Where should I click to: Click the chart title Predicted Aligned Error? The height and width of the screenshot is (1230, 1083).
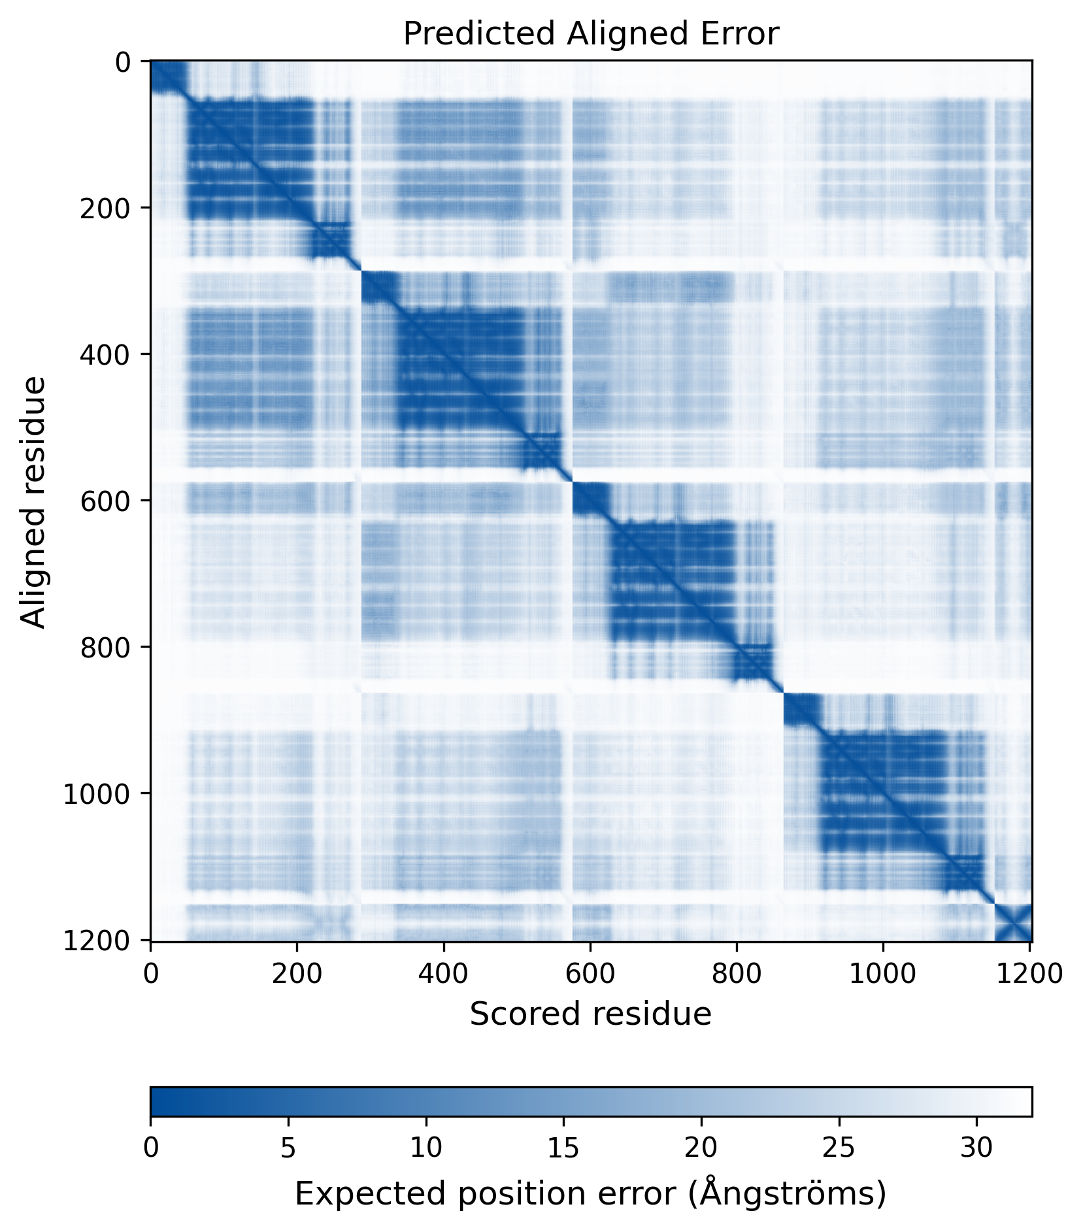point(590,34)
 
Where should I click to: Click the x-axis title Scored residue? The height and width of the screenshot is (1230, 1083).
point(590,1014)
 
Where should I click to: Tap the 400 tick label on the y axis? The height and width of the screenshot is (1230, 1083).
point(105,354)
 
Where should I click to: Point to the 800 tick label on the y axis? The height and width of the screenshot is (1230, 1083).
point(105,647)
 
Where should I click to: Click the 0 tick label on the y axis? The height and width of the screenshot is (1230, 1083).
point(123,63)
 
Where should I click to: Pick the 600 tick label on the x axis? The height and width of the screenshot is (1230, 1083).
point(590,974)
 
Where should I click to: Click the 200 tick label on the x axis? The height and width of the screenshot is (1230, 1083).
point(297,974)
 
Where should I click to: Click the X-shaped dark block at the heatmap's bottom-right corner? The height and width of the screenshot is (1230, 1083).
point(1012,922)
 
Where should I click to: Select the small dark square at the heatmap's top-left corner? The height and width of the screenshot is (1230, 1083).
point(167,77)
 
